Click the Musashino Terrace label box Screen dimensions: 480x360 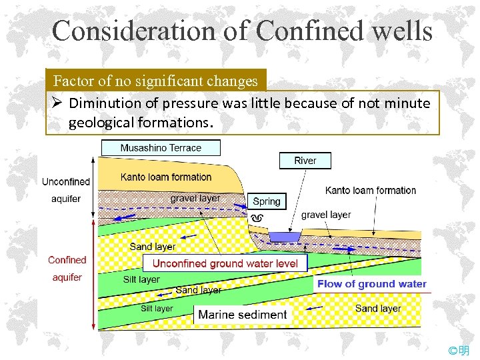tap(160, 147)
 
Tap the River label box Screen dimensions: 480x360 tap(305, 161)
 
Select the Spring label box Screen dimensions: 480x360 tap(267, 201)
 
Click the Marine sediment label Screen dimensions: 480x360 tap(243, 315)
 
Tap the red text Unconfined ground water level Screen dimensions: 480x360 tap(225, 263)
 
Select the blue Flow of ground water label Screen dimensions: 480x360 tap(371, 284)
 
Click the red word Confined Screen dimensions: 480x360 tap(67, 260)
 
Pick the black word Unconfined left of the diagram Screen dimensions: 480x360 tap(65, 181)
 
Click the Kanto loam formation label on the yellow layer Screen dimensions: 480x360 tap(165, 177)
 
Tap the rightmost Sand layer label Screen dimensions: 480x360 tap(378, 308)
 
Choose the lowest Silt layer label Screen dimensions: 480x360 tap(157, 308)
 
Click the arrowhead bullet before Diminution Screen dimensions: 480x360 tap(57, 103)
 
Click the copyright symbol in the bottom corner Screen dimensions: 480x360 tap(453, 351)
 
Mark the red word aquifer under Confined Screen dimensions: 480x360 tap(67, 277)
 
